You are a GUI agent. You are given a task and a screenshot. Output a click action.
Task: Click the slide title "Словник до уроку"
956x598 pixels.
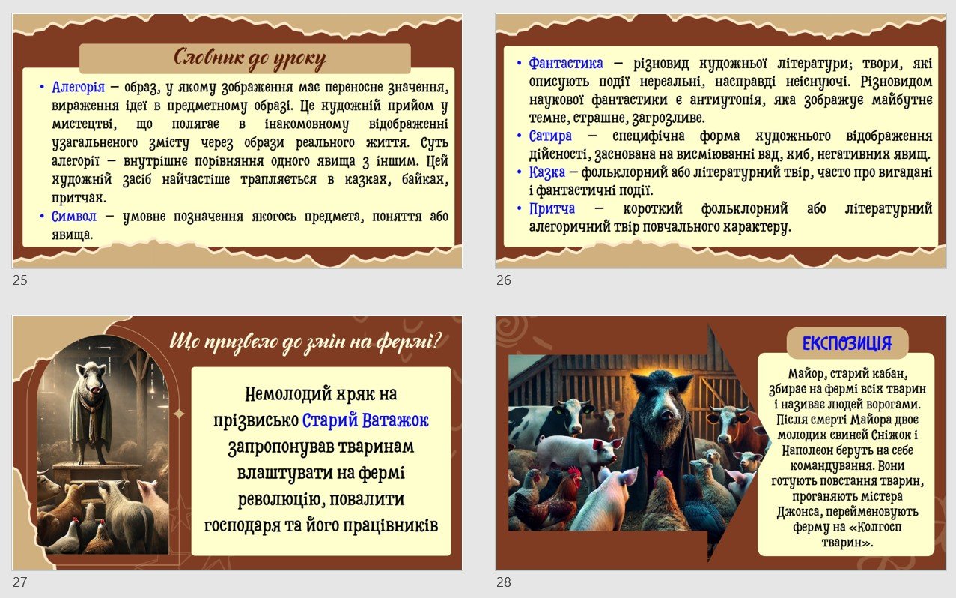(250, 58)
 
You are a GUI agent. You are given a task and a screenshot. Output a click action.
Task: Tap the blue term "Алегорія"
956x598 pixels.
(78, 87)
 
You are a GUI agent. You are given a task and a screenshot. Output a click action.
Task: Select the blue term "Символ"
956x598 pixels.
(74, 217)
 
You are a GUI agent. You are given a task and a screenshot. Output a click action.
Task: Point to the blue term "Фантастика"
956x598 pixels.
(566, 63)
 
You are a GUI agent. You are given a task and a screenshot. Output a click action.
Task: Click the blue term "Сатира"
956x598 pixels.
(550, 136)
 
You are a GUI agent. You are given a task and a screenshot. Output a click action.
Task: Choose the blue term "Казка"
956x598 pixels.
(546, 172)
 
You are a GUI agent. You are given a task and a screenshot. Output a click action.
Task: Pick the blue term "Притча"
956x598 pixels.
(552, 208)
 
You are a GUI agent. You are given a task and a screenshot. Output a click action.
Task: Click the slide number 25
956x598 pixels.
(20, 280)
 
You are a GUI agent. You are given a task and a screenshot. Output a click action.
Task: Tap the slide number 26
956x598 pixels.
(504, 280)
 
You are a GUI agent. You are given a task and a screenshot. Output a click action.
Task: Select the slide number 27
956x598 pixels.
(20, 582)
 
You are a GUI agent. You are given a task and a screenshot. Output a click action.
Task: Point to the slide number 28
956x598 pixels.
(504, 582)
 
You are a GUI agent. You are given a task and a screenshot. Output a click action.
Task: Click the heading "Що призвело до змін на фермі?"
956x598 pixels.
(305, 342)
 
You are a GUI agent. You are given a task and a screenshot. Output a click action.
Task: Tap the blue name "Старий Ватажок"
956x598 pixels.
(365, 420)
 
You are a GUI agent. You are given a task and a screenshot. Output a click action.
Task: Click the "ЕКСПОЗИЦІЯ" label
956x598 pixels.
(847, 343)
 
